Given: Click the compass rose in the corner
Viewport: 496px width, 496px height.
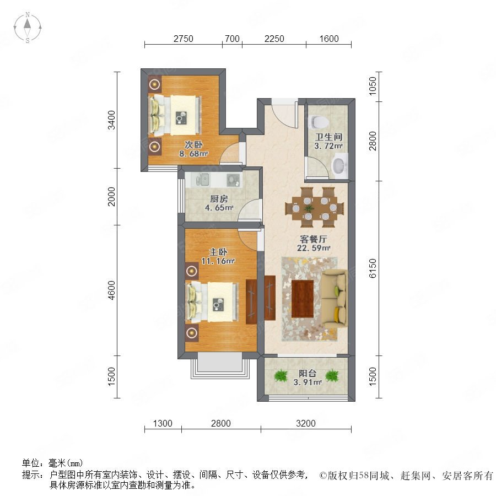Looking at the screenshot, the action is point(28,28).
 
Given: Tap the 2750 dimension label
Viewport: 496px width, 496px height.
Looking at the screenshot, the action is point(184,39).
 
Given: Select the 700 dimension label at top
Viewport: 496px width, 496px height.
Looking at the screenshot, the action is point(232,39).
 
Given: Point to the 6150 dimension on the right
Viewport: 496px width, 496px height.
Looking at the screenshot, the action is point(373,268).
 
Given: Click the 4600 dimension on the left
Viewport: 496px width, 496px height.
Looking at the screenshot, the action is point(111,290).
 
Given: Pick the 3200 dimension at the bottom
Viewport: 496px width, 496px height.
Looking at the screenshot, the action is point(306,423).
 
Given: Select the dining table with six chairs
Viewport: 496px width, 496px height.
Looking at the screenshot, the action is point(315,208).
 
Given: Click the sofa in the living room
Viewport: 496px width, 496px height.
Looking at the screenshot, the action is point(335,299).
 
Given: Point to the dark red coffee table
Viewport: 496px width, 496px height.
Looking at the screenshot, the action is point(303,299).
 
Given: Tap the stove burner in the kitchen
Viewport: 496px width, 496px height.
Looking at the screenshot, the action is point(233,179).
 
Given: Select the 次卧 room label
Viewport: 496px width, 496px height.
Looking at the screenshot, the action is point(193,145).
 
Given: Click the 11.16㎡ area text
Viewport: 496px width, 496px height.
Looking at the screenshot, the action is point(218,261).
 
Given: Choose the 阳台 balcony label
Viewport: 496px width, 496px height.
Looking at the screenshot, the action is point(308,373).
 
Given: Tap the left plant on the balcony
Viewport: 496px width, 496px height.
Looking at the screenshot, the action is point(281,375).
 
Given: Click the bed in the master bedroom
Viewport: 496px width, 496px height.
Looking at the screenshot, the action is point(213,302).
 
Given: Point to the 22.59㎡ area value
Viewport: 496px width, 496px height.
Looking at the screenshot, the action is point(314,248).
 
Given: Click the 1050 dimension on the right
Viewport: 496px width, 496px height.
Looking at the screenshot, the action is point(373,86).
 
